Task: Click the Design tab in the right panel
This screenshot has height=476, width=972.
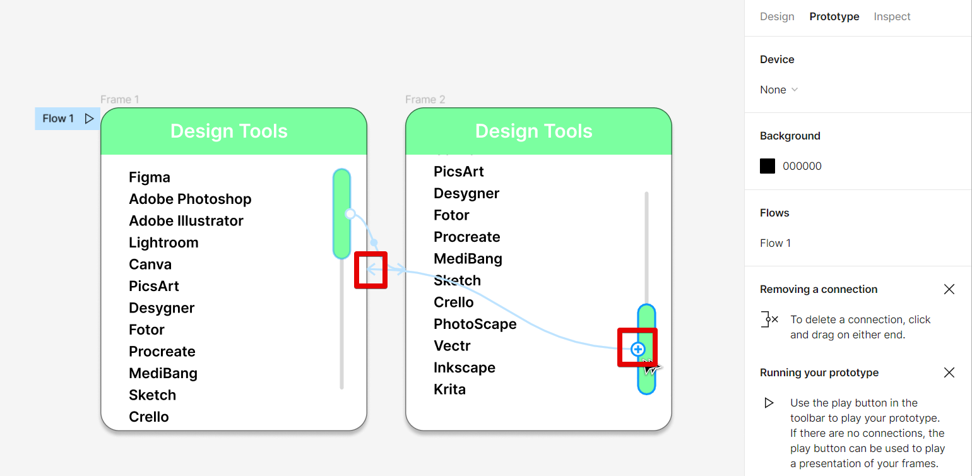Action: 777,16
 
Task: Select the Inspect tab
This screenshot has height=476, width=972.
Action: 892,16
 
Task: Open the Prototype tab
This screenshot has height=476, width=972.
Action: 834,16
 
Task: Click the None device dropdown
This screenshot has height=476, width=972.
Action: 779,90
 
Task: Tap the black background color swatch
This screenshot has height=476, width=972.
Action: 768,166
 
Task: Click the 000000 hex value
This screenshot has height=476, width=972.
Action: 802,166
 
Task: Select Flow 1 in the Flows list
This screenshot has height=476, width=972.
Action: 775,243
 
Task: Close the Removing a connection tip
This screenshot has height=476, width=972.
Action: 949,289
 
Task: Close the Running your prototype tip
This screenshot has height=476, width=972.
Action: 949,372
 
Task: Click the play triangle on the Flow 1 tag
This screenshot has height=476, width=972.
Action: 89,119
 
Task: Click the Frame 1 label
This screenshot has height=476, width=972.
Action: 120,99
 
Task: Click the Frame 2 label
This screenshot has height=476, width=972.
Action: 425,99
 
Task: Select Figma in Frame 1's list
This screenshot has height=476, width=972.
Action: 149,177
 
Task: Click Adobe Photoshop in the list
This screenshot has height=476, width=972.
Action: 190,199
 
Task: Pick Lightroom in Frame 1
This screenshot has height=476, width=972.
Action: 163,242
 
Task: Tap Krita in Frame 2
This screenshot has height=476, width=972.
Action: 449,390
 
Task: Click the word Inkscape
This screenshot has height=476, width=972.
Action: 465,367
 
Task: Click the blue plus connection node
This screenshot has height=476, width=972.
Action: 637,349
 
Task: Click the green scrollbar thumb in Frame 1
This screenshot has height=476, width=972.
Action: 342,214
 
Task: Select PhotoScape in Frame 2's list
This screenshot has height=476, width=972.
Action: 475,324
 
